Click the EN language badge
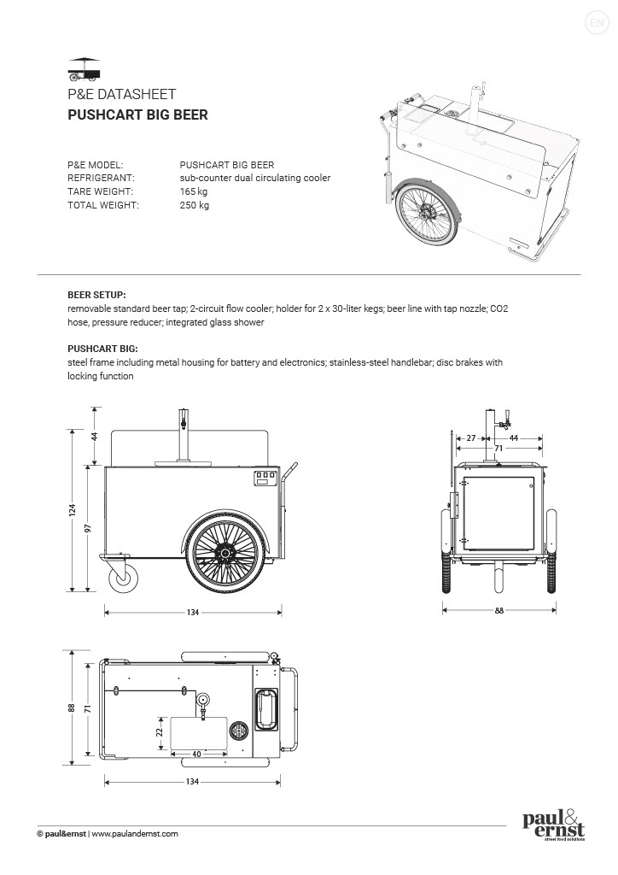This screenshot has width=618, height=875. click(596, 23)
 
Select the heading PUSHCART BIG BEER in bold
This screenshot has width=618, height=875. click(137, 115)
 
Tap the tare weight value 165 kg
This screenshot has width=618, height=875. click(194, 191)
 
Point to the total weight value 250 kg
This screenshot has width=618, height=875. click(194, 205)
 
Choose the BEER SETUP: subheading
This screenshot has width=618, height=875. click(96, 293)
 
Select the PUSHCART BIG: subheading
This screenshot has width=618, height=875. click(102, 349)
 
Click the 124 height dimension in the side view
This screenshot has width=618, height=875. click(73, 510)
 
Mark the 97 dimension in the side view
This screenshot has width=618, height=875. click(87, 527)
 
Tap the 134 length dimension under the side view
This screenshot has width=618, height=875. click(193, 612)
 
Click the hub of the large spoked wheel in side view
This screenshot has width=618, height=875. click(225, 555)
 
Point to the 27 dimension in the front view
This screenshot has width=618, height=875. click(470, 438)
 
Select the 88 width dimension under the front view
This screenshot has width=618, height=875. click(498, 610)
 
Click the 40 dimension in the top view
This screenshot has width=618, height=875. click(196, 754)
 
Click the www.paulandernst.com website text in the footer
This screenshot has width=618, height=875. click(135, 833)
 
